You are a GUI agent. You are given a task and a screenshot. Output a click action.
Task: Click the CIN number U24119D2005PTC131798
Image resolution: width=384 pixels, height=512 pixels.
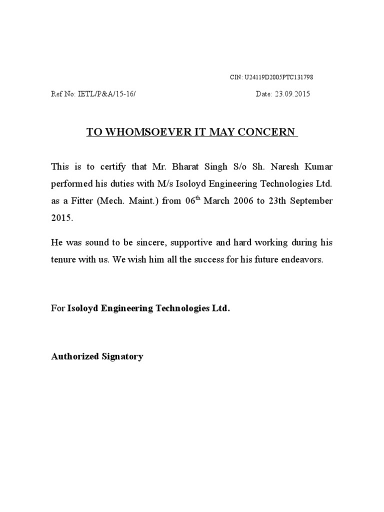tap(278, 77)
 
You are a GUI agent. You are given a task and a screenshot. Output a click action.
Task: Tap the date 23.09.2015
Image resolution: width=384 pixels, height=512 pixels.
tap(293, 94)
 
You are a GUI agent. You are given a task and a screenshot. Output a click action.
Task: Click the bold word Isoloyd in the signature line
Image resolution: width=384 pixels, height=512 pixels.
tap(82, 308)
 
